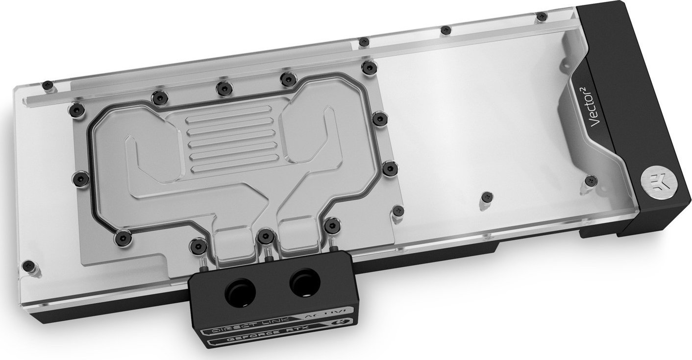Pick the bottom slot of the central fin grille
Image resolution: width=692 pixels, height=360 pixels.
coord(230,168)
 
